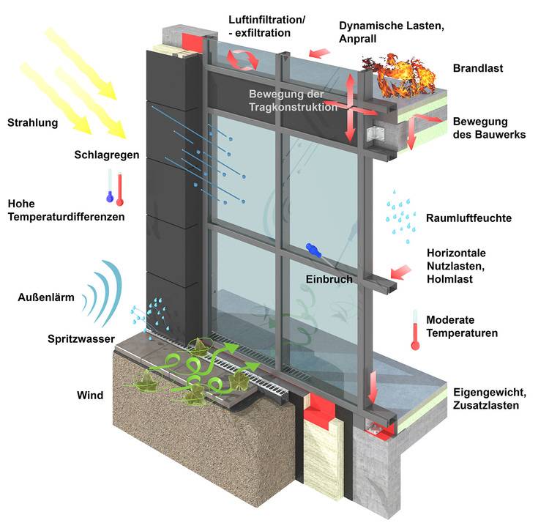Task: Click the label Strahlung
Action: click(32, 122)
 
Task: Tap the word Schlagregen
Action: click(106, 155)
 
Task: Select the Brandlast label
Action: click(477, 68)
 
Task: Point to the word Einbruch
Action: click(329, 279)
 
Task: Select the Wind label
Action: click(90, 396)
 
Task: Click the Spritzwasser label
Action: click(79, 338)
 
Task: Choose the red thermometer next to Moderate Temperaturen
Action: click(414, 330)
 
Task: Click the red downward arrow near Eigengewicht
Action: click(374, 387)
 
